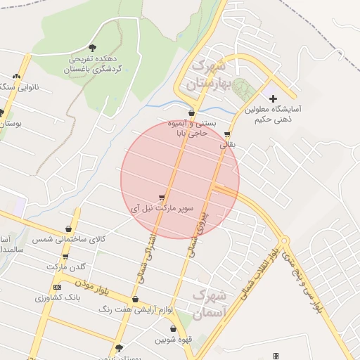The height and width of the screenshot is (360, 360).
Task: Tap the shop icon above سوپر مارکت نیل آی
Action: (162, 198)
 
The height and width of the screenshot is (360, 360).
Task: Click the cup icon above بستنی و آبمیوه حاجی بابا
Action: (191, 112)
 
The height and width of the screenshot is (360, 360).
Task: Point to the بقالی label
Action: (228, 145)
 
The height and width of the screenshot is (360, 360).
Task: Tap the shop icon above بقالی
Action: (226, 134)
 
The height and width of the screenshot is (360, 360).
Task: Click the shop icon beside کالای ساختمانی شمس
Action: (68, 229)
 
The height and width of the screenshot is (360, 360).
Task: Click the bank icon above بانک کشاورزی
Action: (58, 287)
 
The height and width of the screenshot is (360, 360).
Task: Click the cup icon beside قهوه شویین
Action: (173, 329)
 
